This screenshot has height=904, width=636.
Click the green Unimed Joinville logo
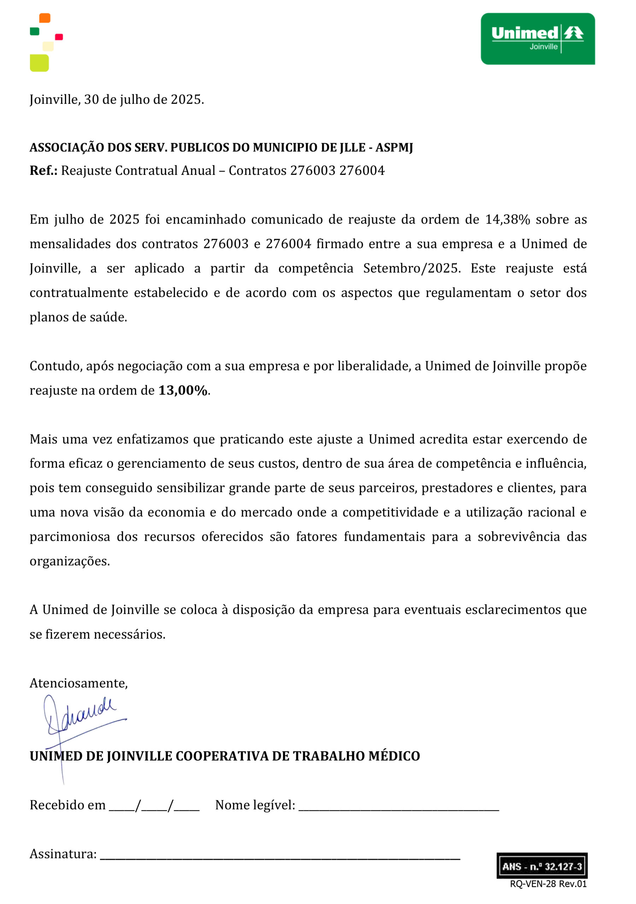point(537,38)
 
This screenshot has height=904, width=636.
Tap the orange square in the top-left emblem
point(45,18)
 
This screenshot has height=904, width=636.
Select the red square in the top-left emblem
point(59,37)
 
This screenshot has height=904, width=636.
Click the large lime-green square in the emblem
point(39,63)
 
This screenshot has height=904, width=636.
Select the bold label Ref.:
point(43,171)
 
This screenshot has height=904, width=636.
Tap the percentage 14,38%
point(507,220)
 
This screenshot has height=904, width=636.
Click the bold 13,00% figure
point(183,391)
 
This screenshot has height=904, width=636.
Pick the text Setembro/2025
point(411,268)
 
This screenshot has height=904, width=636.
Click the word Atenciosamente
point(78,683)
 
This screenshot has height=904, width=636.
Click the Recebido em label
point(67,805)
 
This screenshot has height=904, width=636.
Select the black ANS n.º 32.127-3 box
point(541,866)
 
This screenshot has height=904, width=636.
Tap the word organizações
point(69,561)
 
